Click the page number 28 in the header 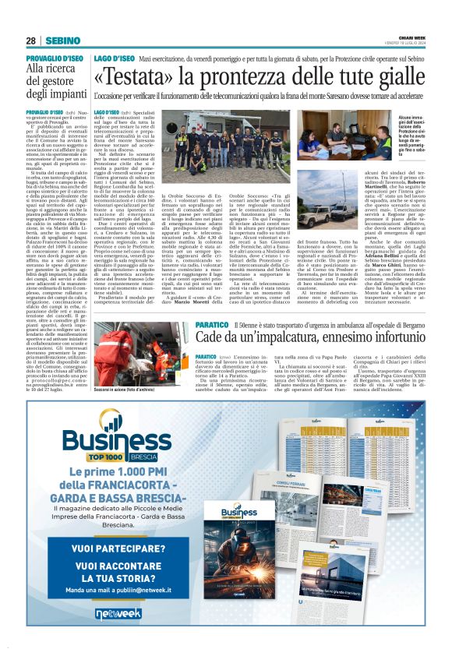[31, 40]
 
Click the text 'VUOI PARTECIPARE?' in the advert [114, 548]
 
